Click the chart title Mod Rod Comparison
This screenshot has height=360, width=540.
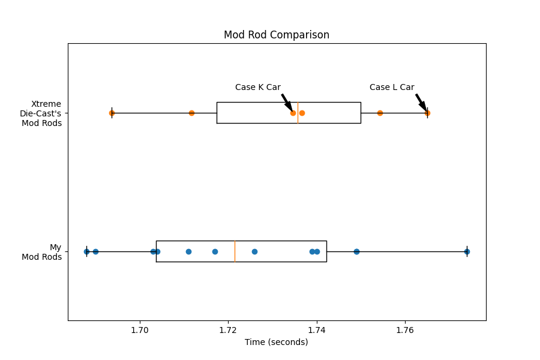point(277,35)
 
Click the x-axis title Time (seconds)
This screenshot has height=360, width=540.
point(276,342)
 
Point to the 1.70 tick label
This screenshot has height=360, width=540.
point(140,331)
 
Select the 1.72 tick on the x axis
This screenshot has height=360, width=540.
point(228,331)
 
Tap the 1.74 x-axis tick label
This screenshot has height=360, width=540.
point(316,331)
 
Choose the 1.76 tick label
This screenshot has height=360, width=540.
point(405,331)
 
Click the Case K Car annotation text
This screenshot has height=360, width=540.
point(258,87)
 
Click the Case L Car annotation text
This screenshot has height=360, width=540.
point(392,87)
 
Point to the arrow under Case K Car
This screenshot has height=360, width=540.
point(287,103)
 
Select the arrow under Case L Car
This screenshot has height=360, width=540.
point(421,103)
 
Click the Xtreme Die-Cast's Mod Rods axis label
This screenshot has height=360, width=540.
point(41,113)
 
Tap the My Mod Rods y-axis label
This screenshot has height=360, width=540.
point(41,252)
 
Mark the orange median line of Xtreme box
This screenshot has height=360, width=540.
point(298,113)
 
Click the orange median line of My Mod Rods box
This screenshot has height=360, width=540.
point(235,251)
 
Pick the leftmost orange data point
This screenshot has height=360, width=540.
point(112,113)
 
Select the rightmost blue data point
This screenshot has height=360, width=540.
point(467,251)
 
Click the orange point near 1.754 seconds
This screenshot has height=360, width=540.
point(380,113)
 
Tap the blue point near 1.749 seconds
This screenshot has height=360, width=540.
point(357,251)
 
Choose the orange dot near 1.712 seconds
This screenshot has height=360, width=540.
point(192,113)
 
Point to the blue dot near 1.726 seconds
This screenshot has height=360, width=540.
point(255,251)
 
